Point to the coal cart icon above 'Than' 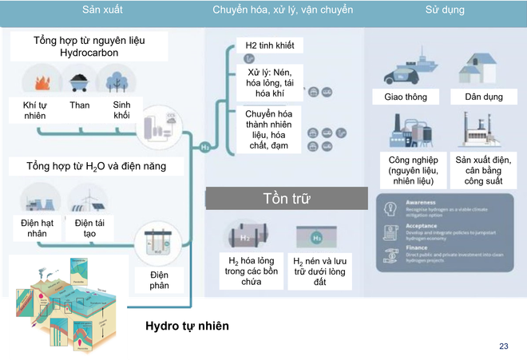point(79,81)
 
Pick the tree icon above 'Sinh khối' point(114,81)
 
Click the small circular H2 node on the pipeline point(205,147)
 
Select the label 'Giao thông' point(400,97)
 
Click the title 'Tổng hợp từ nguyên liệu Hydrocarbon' point(89,45)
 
